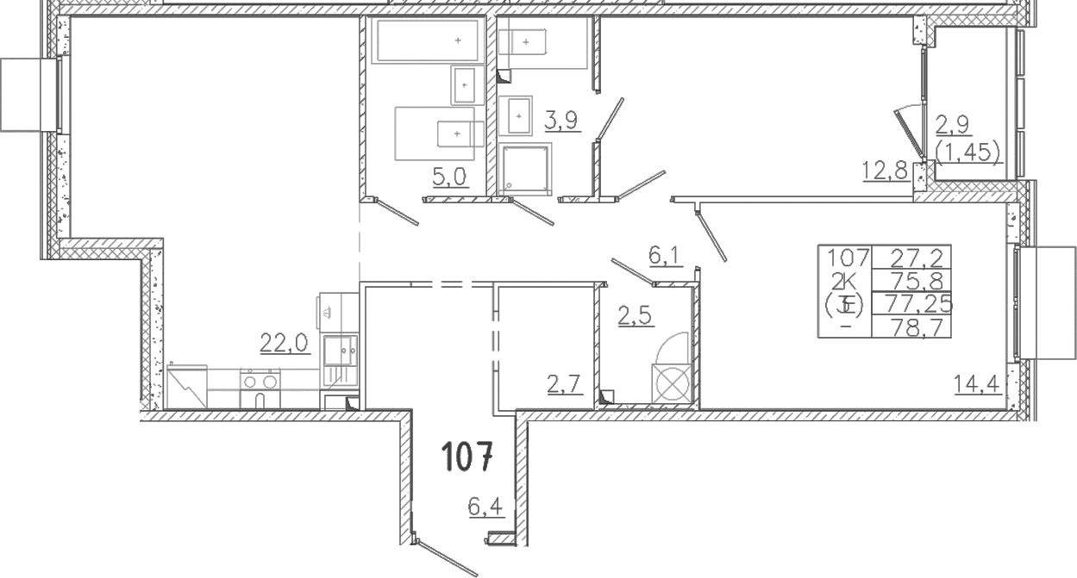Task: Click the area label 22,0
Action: pos(285,343)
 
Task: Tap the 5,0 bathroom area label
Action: pos(449,177)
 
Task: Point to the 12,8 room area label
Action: pos(885,171)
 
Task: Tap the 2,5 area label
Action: pos(636,316)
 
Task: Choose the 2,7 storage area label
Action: pos(565,385)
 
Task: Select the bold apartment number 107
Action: pos(467,457)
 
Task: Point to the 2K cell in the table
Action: pos(845,280)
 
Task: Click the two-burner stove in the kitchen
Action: pos(260,388)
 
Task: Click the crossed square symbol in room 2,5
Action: pos(672,383)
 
